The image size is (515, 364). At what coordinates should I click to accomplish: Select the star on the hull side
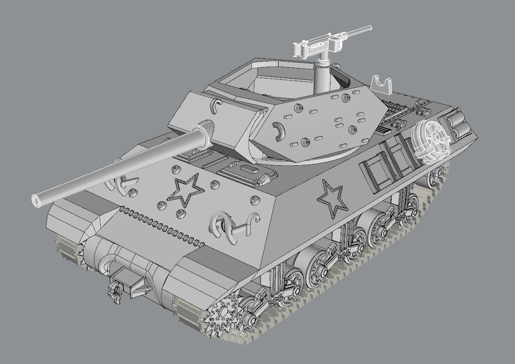332,198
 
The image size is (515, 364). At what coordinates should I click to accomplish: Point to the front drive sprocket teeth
222,313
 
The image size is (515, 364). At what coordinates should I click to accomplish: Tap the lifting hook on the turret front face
215,107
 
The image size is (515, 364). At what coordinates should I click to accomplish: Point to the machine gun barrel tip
370,28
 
